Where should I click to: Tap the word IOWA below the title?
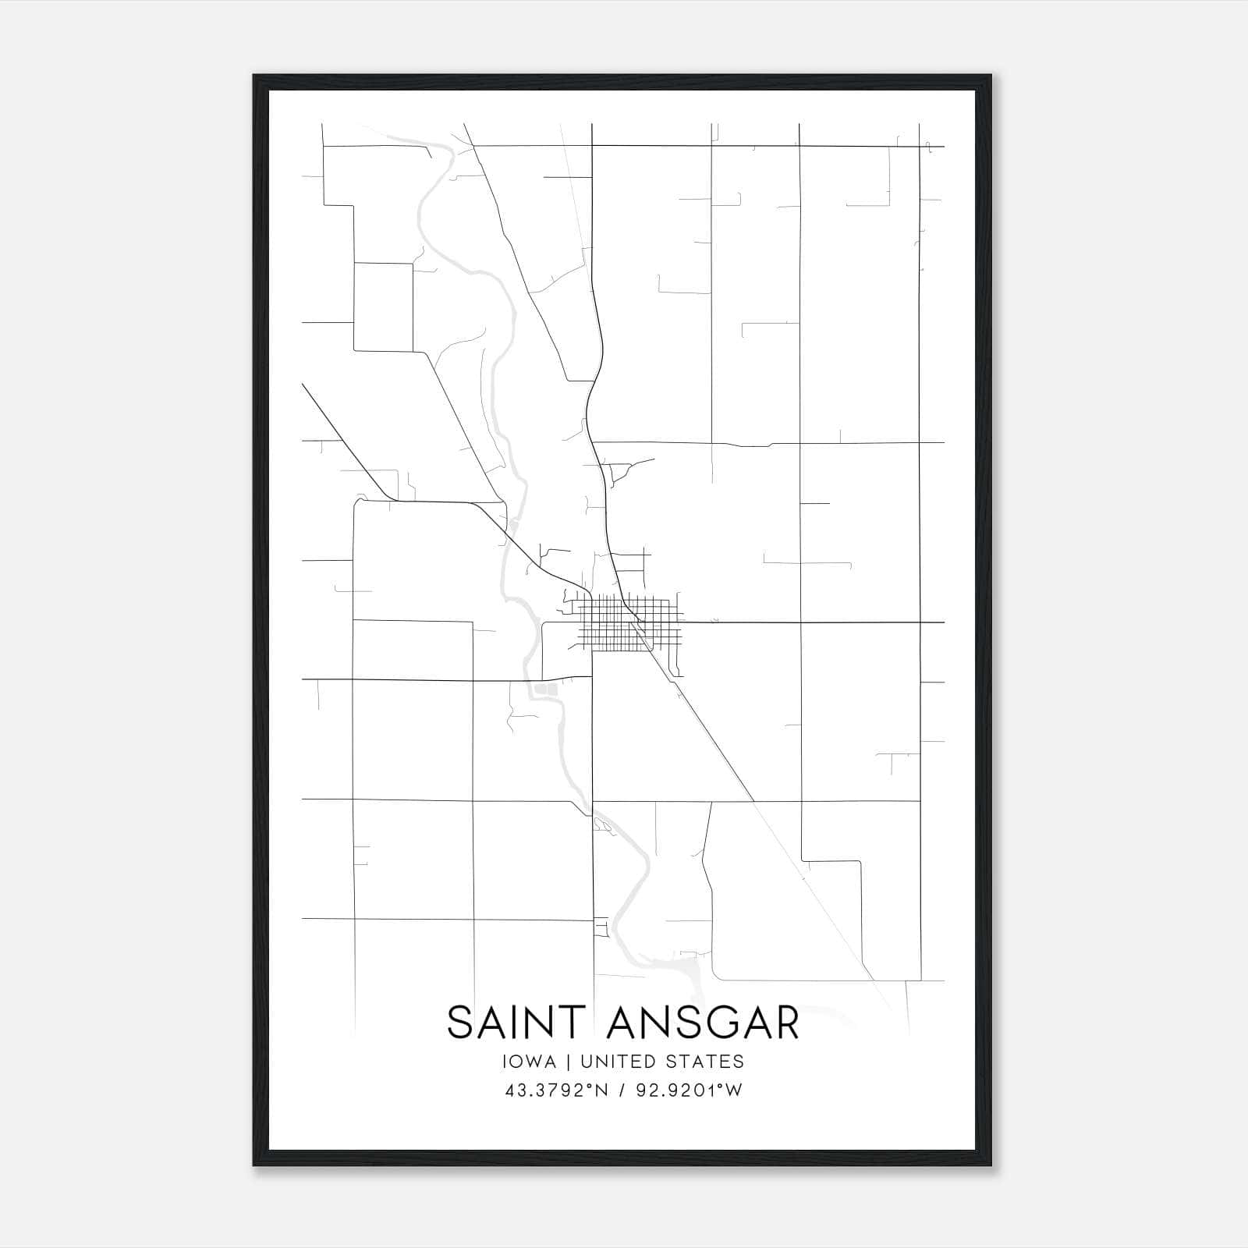(x=530, y=1062)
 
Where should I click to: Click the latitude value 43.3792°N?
(x=556, y=1090)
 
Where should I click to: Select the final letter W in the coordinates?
(x=734, y=1090)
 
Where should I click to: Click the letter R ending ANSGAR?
(x=787, y=1023)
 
